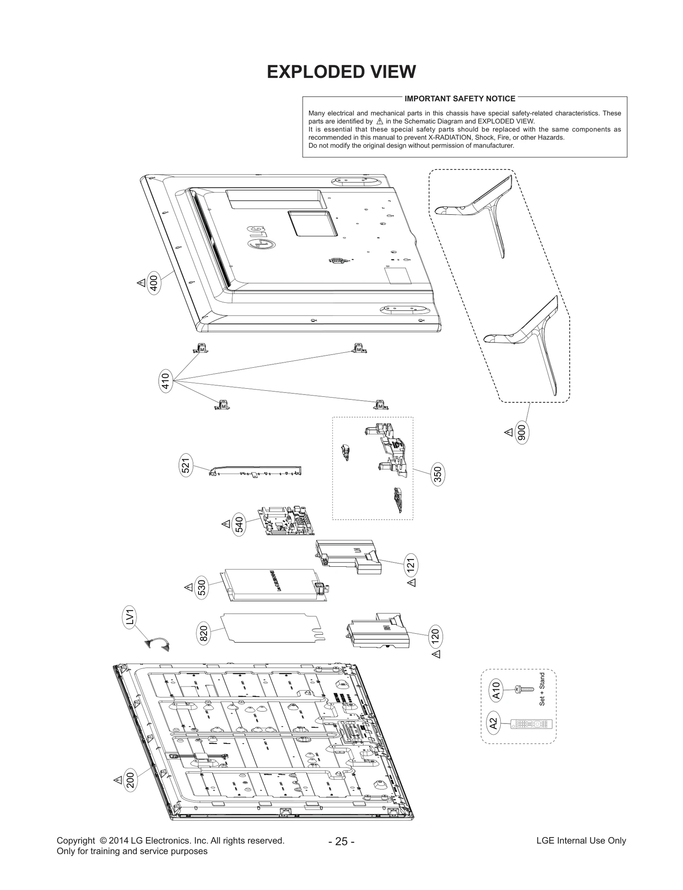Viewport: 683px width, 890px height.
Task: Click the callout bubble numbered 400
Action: pyautogui.click(x=154, y=283)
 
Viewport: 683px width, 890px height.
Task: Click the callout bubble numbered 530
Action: pyautogui.click(x=202, y=588)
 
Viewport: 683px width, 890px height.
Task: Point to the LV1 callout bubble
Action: pyautogui.click(x=131, y=618)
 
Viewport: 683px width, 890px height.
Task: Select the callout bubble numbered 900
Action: pyautogui.click(x=521, y=433)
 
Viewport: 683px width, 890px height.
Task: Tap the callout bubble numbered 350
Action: pyautogui.click(x=438, y=474)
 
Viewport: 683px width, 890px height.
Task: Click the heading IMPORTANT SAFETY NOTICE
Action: pyautogui.click(x=460, y=99)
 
